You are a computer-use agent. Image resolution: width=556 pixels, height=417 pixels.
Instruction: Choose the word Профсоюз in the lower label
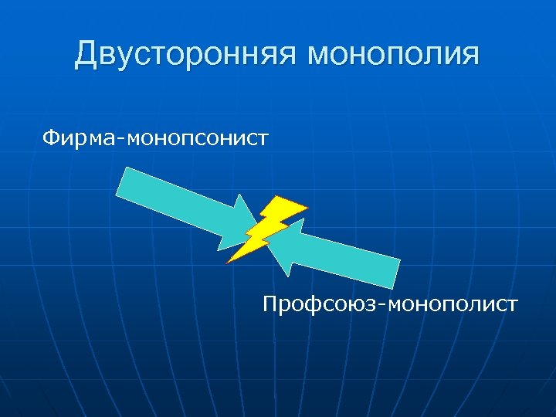[x=319, y=303]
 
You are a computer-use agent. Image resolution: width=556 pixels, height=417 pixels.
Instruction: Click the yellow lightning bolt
[x=267, y=229]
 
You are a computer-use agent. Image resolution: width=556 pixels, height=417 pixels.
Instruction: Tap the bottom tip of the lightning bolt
[x=229, y=262]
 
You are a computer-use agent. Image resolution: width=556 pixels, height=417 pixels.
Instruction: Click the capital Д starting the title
[x=87, y=56]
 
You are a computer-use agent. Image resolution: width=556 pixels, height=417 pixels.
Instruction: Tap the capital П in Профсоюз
[x=270, y=303]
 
